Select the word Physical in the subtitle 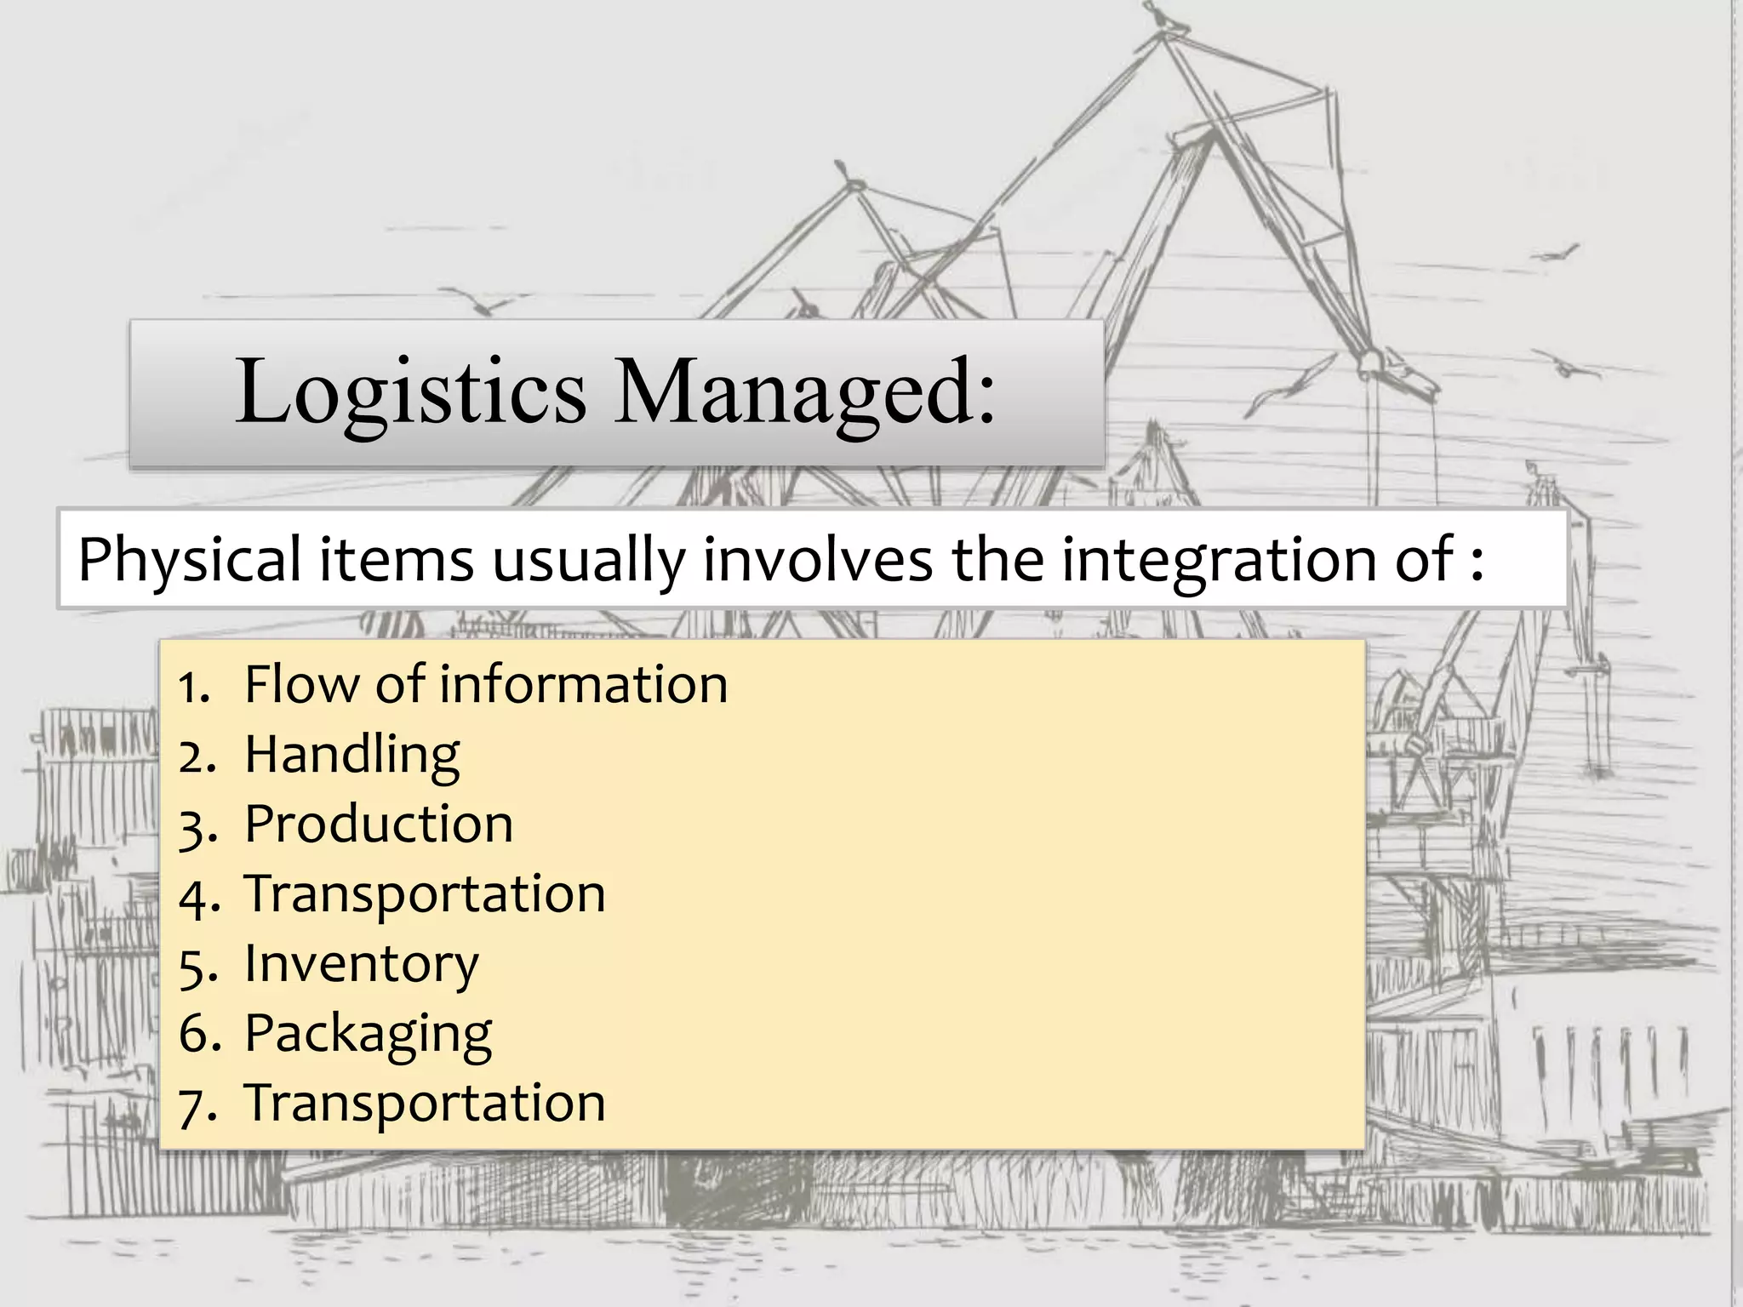coord(189,561)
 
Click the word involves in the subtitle coord(818,559)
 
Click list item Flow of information coord(485,684)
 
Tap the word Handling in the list coord(351,756)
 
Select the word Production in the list coord(379,825)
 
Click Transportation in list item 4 coord(425,894)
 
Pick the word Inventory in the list coord(362,964)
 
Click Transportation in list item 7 coord(425,1104)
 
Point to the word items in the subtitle coord(396,559)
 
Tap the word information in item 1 coord(583,684)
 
